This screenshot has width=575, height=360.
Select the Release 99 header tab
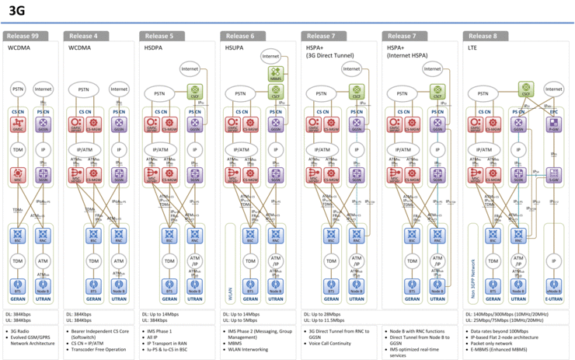(x=26, y=36)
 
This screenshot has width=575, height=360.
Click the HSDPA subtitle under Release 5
(x=155, y=47)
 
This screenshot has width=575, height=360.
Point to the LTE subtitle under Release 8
(x=472, y=47)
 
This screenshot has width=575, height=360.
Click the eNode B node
(x=553, y=286)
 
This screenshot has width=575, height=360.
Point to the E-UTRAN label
(x=553, y=299)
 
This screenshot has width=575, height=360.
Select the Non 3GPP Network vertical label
(x=471, y=276)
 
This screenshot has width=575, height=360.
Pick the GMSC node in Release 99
(x=19, y=124)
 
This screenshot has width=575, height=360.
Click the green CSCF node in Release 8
(x=526, y=89)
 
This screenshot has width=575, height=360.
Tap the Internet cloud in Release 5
(x=189, y=69)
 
